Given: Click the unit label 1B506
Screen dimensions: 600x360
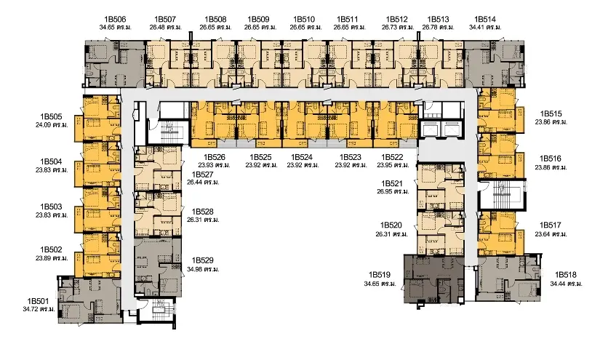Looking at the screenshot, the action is (x=115, y=19).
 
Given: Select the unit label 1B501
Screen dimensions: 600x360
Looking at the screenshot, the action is (x=38, y=301).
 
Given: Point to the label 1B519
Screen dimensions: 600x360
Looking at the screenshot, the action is (x=380, y=275).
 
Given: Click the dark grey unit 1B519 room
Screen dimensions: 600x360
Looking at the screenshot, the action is (x=434, y=279).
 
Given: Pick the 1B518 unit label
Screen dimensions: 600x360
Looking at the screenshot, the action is (x=566, y=275).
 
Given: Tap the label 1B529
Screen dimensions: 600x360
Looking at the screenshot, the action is (x=202, y=261).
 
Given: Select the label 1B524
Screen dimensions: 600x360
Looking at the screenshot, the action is (x=302, y=157).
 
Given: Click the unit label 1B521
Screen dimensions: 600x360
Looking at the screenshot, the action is (x=392, y=183).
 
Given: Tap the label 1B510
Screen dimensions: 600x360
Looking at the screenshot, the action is (x=304, y=19).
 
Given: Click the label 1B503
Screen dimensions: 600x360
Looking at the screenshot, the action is (x=51, y=207).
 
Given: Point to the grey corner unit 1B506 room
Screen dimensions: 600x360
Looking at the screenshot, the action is (x=114, y=64).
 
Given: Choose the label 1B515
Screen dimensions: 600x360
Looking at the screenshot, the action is (x=551, y=114).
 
